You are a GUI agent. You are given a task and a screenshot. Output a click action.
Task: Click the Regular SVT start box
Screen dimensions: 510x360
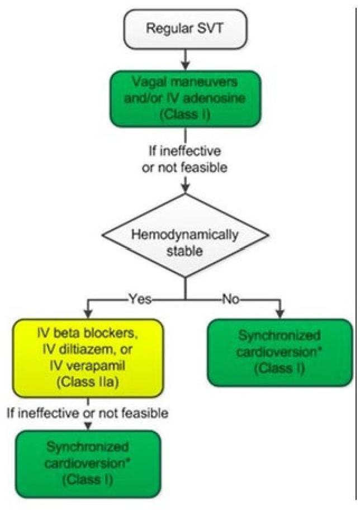[184, 28]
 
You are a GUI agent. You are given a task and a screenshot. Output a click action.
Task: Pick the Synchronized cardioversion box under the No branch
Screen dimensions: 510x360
[280, 352]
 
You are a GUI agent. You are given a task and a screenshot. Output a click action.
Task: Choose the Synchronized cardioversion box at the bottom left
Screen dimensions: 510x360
[88, 463]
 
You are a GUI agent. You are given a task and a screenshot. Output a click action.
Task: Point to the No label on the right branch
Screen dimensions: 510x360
[229, 300]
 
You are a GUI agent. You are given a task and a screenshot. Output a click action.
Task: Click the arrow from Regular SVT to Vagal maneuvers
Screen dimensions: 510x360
[184, 58]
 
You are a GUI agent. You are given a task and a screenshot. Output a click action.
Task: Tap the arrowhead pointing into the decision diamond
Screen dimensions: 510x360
[184, 190]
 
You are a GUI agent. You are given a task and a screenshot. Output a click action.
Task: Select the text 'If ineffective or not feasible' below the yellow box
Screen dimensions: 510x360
[88, 414]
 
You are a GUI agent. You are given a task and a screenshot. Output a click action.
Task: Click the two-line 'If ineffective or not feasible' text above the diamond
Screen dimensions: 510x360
[184, 159]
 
